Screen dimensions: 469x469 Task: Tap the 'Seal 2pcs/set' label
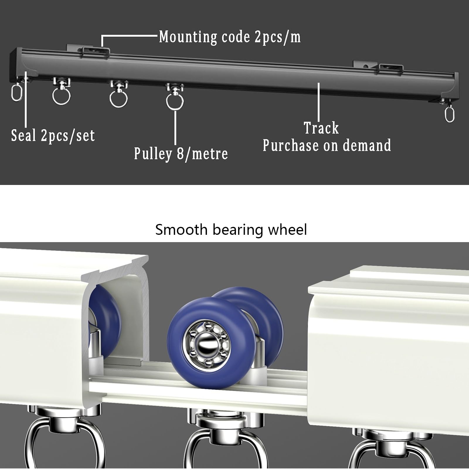53,136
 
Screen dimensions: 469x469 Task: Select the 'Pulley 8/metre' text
181,154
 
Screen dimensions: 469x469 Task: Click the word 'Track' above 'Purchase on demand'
321,128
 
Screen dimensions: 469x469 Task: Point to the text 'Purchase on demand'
327,145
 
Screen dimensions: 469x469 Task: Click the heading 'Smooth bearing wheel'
231,230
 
